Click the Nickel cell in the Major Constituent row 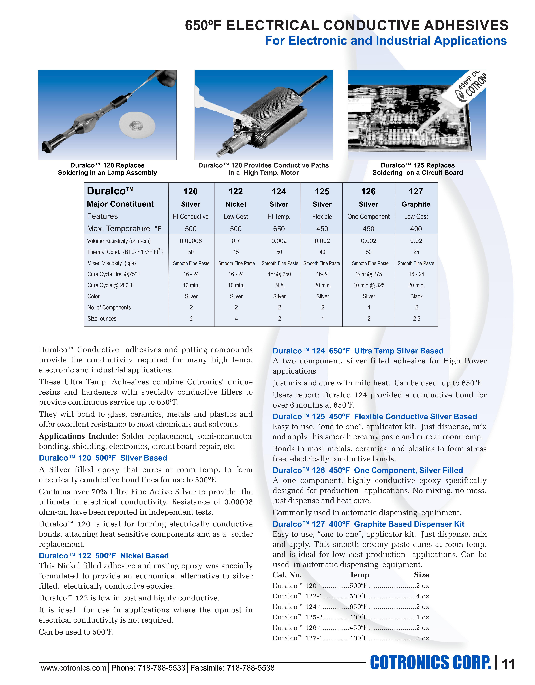point(236,204)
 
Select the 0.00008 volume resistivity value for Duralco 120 point(191,241)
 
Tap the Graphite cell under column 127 point(416,204)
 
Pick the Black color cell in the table point(416,296)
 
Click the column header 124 point(279,192)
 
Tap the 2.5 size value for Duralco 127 point(416,319)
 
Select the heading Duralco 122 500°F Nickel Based point(104,556)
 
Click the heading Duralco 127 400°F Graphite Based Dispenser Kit point(368,524)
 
